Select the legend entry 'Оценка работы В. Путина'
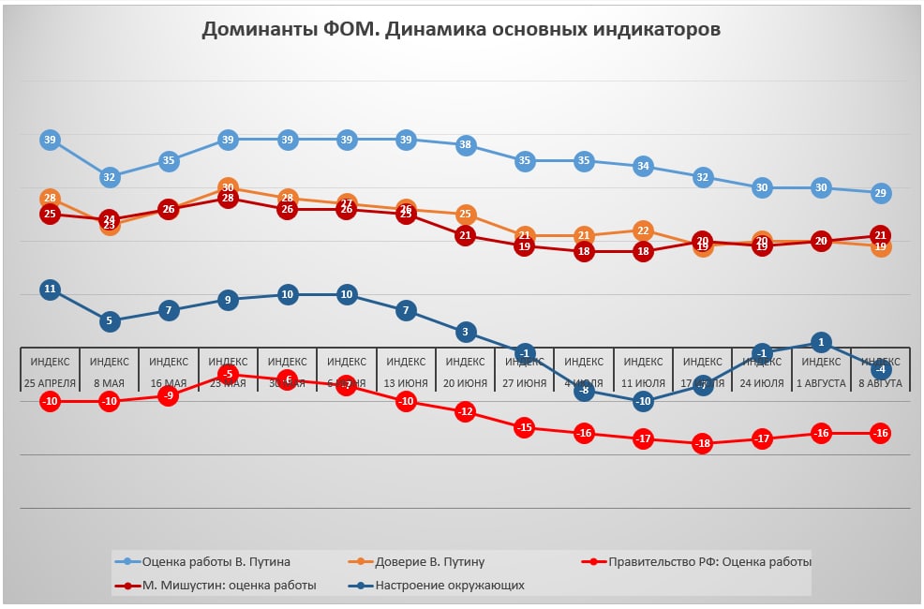tap(216, 562)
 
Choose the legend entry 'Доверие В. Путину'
tap(429, 562)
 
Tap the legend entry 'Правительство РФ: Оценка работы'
tap(708, 562)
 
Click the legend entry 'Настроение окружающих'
tap(450, 586)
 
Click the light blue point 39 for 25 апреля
tap(51, 140)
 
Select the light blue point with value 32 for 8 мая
tap(110, 177)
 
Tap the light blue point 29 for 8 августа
tap(881, 193)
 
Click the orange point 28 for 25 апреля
tap(51, 199)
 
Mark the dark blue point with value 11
tap(51, 290)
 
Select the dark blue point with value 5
tap(110, 321)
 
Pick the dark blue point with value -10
tap(644, 401)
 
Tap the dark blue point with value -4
tap(881, 369)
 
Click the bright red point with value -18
tap(703, 444)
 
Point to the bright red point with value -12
tap(466, 411)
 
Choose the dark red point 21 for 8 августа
tap(881, 235)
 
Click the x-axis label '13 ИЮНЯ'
tap(407, 383)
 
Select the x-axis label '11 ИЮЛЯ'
tap(644, 383)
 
